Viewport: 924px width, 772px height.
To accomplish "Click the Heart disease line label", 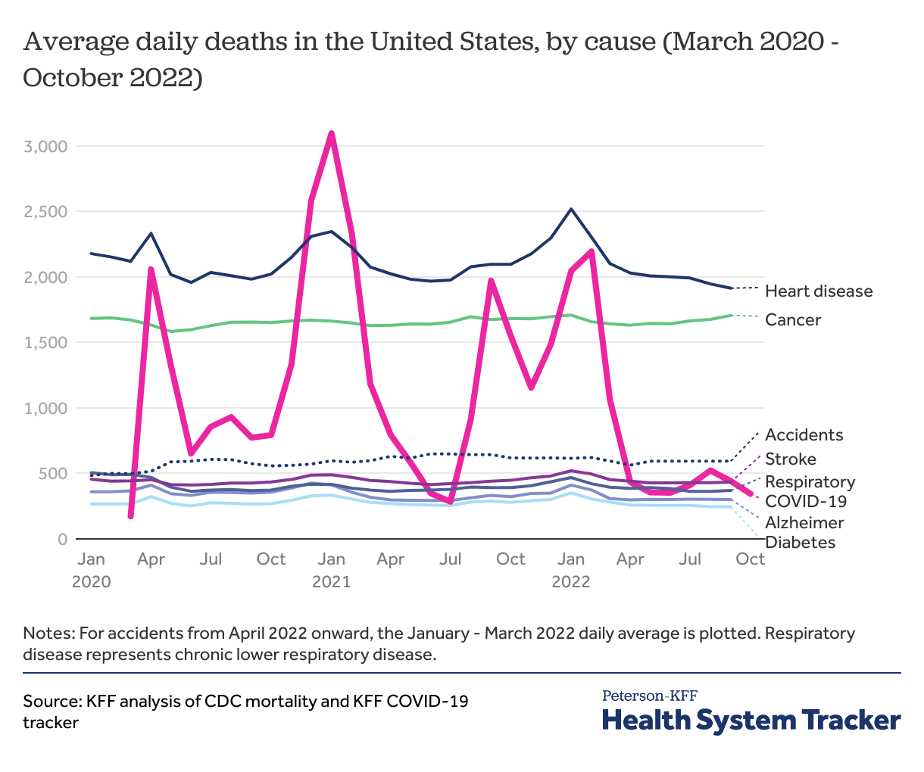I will [818, 291].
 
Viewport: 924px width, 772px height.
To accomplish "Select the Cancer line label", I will [792, 320].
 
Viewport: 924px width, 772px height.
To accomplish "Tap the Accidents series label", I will [804, 435].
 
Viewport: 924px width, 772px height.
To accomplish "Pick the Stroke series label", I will [790, 459].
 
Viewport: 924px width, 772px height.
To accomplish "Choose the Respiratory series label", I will [810, 483].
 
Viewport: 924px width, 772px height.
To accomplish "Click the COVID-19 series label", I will [806, 501].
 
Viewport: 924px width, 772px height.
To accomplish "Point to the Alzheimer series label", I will [804, 523].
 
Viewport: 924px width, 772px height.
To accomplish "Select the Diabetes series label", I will [801, 543].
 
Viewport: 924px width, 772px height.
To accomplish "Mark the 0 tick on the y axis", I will [61, 539].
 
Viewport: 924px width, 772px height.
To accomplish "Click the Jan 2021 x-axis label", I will [331, 570].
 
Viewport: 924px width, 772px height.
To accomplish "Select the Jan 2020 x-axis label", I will [91, 570].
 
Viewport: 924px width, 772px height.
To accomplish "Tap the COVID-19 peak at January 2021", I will [331, 134].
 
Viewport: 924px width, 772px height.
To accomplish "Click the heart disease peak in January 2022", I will [571, 209].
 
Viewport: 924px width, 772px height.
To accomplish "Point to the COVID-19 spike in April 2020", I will [151, 269].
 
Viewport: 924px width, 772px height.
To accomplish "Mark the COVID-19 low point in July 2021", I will [451, 501].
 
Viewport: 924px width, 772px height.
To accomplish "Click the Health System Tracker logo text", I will [751, 719].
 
